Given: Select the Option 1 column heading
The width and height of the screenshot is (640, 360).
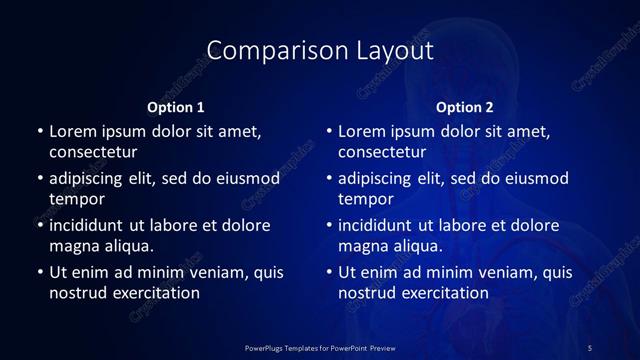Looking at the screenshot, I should tap(176, 107).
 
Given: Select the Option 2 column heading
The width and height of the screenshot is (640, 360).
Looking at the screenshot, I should tap(465, 107).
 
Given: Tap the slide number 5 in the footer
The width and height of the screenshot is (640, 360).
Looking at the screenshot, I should tap(590, 348).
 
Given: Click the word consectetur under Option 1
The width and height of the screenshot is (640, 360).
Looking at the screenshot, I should tap(93, 153).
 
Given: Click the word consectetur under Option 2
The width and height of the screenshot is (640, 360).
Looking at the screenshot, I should tap(382, 153).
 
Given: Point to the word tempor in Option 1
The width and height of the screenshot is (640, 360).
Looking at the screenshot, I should tap(77, 199).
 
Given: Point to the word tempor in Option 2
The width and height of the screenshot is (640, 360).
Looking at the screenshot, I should tap(366, 199).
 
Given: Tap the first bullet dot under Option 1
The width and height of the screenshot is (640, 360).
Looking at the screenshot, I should tap(40, 132).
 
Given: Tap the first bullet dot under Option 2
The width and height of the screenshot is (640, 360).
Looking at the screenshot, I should tap(329, 132).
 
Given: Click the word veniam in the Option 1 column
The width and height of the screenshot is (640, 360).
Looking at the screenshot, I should tap(218, 272).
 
